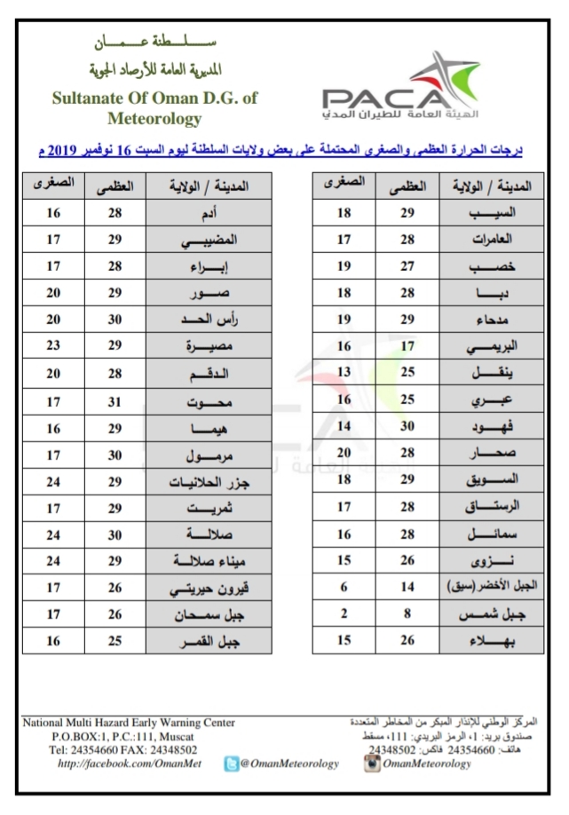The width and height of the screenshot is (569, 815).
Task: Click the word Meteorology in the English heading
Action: click(154, 118)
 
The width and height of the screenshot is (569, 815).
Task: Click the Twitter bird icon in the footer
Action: click(233, 764)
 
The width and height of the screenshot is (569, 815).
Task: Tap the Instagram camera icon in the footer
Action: click(374, 764)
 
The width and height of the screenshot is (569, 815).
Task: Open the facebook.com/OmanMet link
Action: click(123, 764)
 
